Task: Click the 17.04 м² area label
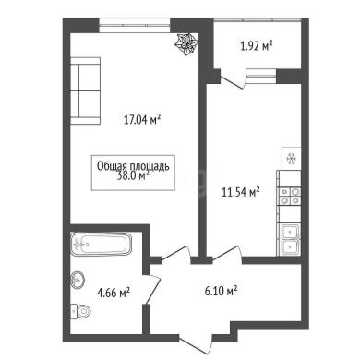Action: tap(142, 119)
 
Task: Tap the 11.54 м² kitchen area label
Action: tap(241, 192)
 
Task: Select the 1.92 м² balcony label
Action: tap(257, 46)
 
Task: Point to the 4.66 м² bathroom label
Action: tap(114, 293)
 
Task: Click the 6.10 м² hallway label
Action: tap(221, 291)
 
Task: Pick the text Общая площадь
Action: tap(133, 166)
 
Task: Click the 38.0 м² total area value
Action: tap(133, 176)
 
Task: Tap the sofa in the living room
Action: tap(85, 90)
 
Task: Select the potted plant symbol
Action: tap(186, 45)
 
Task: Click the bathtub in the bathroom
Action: tap(102, 245)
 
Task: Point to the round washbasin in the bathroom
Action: tap(78, 280)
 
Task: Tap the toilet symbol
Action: tap(80, 311)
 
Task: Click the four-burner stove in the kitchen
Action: tap(289, 197)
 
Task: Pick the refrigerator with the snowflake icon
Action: tap(291, 159)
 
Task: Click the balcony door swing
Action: tap(234, 79)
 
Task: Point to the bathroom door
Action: tap(152, 289)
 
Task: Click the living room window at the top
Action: tap(135, 25)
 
